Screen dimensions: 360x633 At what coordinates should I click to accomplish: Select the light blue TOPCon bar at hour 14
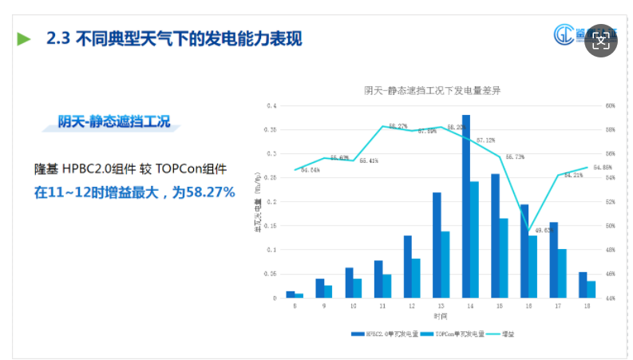coord(474,239)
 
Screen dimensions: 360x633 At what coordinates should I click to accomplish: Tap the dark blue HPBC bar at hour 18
coord(582,285)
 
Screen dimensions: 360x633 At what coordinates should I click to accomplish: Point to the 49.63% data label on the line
coord(544,231)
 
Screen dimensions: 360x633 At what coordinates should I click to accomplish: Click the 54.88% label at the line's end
coord(602,168)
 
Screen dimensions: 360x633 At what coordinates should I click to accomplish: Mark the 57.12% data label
coord(485,140)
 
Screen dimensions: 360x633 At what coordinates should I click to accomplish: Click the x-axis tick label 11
coord(382,306)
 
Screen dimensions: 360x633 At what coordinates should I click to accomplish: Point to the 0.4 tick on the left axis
coord(271,105)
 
